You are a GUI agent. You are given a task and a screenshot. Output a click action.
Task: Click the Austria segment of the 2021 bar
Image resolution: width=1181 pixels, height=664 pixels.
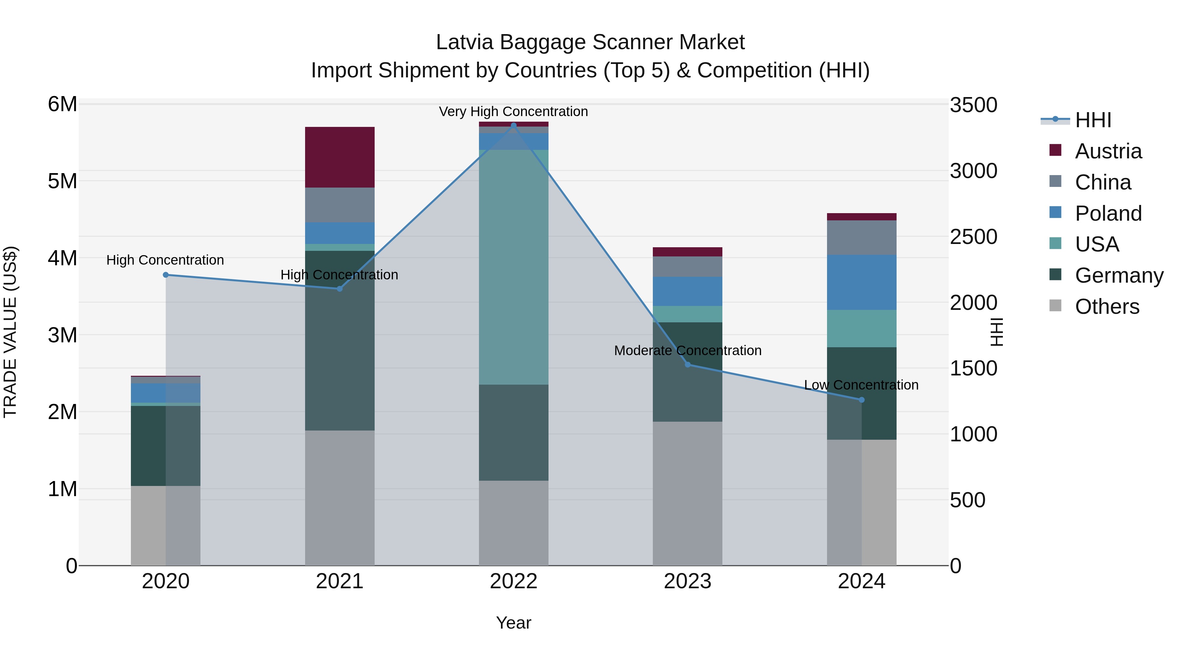pos(340,157)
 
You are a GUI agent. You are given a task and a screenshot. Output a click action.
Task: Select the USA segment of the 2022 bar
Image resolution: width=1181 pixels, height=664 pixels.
pos(513,267)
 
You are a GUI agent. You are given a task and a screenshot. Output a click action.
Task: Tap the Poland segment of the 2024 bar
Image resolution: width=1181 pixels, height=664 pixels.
pos(861,282)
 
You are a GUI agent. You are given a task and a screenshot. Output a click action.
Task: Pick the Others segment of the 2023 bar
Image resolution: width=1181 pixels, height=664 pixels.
pos(687,493)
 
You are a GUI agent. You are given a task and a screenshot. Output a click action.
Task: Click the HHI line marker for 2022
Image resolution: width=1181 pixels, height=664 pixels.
pos(513,125)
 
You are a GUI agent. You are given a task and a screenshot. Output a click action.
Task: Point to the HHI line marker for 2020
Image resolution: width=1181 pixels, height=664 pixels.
pos(166,275)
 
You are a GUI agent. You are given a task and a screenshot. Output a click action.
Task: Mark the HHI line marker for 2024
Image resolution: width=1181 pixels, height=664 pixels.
pos(861,400)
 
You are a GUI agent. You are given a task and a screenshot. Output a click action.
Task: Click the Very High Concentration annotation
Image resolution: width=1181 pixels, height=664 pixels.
pos(513,112)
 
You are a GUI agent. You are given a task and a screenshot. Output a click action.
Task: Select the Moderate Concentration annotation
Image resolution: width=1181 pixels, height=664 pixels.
pos(687,351)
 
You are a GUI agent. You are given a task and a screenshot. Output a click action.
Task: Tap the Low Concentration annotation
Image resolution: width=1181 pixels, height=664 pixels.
pos(861,385)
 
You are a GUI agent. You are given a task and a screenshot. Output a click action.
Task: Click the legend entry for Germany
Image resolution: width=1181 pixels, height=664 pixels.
pos(1119,275)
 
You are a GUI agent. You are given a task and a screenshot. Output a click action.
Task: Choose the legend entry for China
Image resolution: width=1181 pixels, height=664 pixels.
pos(1103,182)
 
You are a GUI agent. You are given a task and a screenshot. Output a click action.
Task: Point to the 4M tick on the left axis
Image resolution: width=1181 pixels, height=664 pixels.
pos(62,258)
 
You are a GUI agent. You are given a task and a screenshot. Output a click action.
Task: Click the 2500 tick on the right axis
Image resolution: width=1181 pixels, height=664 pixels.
pos(973,237)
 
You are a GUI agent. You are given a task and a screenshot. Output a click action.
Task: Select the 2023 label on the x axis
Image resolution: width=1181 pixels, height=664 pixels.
pos(687,581)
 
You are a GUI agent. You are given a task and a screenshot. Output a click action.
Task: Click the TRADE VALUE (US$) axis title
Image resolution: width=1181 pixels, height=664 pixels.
pos(10,332)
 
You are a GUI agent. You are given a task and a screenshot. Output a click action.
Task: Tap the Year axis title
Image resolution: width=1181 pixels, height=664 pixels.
pos(513,623)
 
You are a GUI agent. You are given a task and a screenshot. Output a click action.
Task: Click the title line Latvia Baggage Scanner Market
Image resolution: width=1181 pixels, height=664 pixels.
pos(590,42)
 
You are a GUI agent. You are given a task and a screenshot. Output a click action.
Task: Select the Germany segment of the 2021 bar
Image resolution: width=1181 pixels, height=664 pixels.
pos(340,340)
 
